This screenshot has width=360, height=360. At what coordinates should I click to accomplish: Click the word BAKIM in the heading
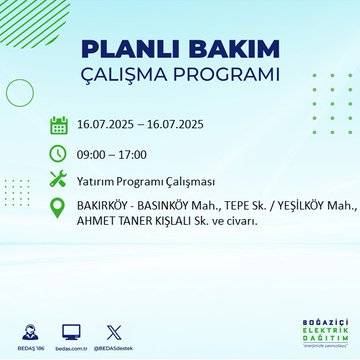(226, 50)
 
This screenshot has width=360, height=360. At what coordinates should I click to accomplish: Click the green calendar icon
(58, 126)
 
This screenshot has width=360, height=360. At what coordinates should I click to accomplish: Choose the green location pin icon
(58, 211)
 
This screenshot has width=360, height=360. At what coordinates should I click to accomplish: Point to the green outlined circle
(20, 92)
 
